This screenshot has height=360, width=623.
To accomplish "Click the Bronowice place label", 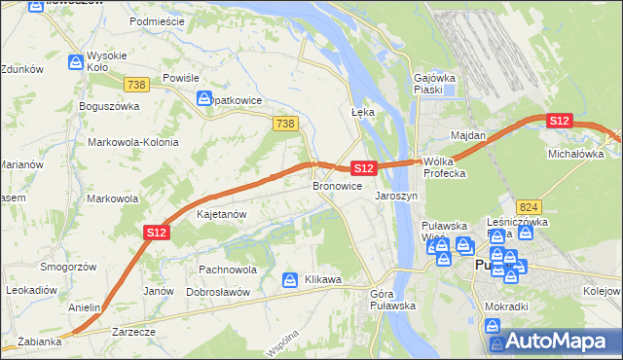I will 338,186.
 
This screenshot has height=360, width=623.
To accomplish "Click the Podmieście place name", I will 163,19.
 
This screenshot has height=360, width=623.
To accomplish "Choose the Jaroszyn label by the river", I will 396,196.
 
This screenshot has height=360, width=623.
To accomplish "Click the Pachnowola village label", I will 227,270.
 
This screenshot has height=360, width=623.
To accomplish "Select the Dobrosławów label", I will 218,292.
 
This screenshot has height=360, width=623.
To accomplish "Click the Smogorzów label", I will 65,267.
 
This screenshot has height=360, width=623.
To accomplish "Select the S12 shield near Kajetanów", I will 158,232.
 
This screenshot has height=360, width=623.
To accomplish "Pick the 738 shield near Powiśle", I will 136,85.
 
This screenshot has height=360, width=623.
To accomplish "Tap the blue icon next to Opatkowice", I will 204,98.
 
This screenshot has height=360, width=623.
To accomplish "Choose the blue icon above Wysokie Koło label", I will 76,61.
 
